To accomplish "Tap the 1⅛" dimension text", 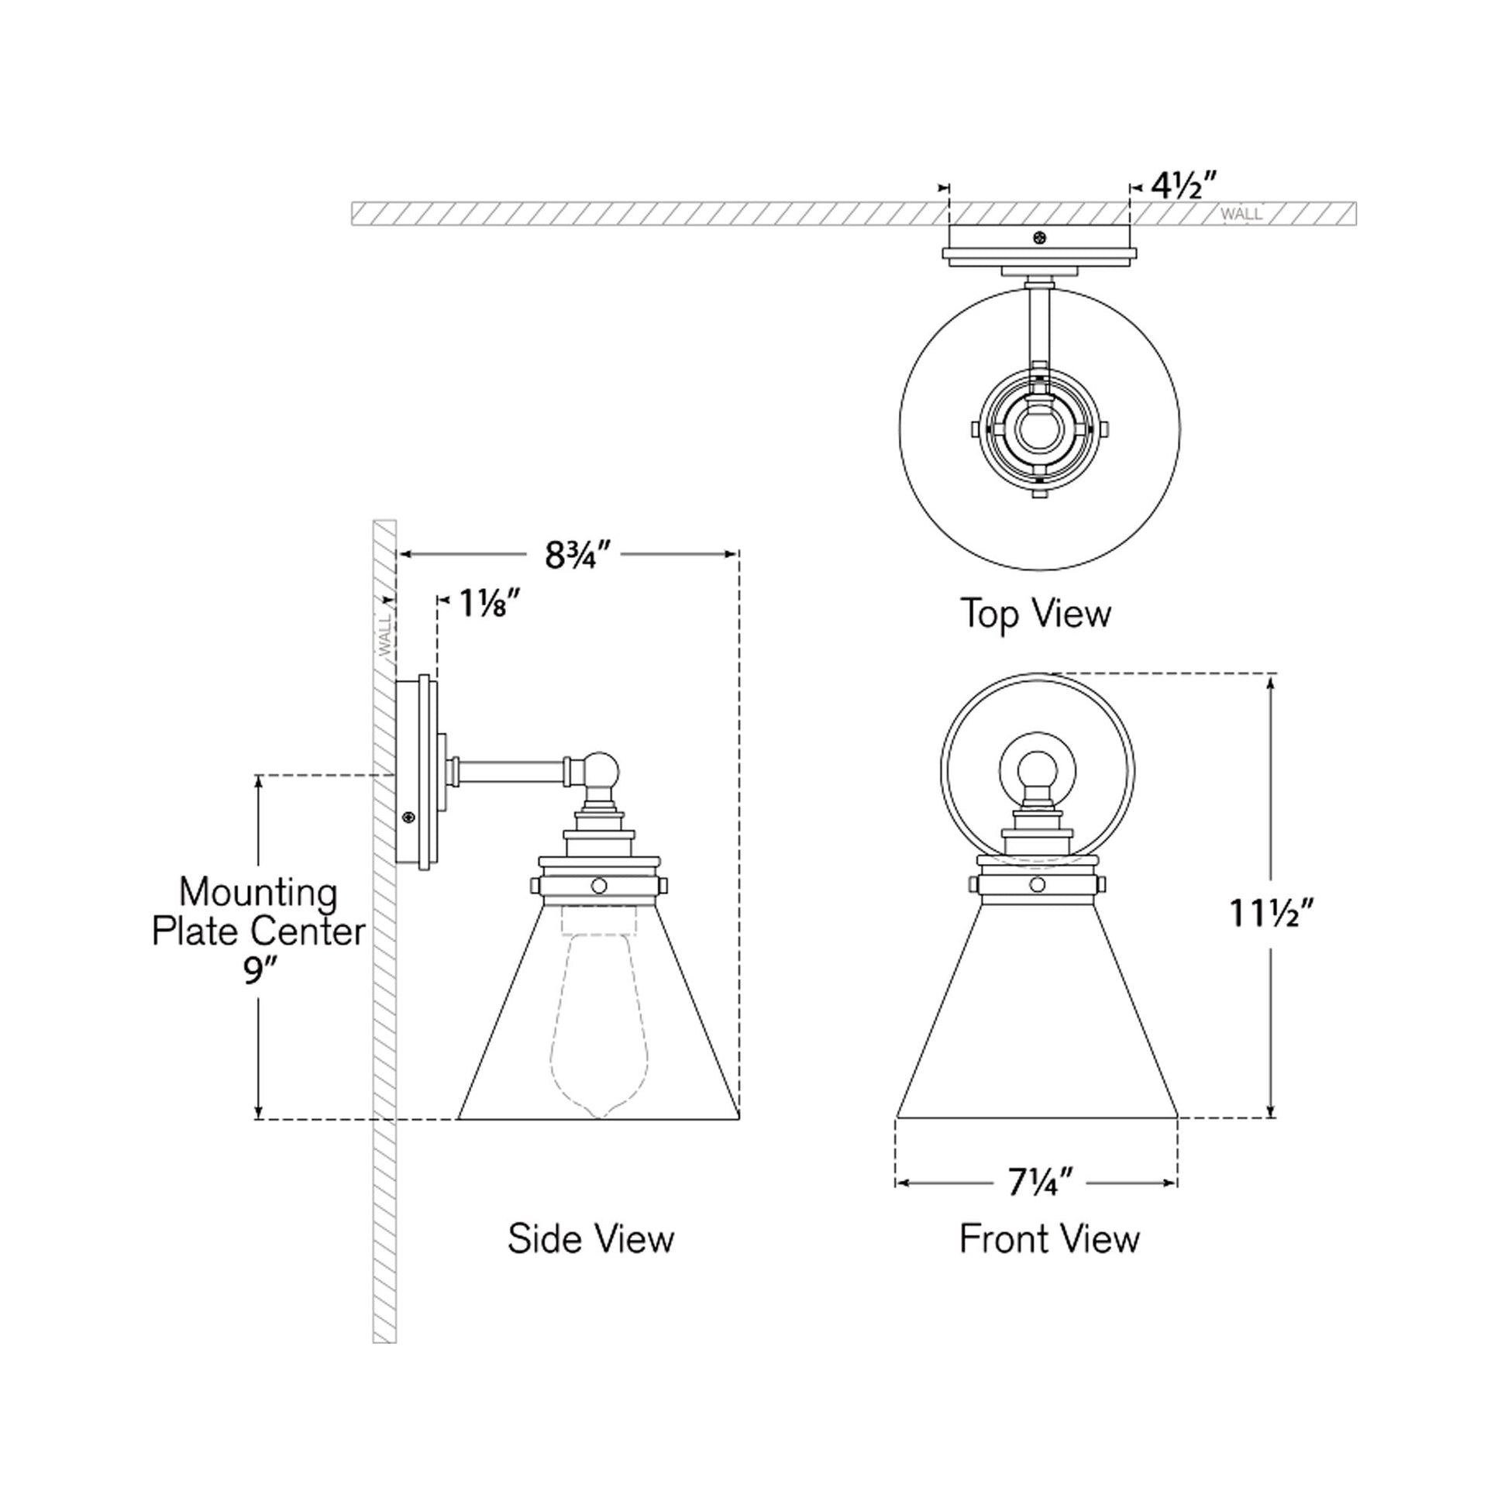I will point(490,604).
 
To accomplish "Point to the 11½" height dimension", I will point(1272,912).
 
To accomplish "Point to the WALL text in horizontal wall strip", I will point(1241,214).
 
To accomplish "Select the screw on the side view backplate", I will point(407,818).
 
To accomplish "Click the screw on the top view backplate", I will point(1039,237).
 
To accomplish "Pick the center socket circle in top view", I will point(1039,430).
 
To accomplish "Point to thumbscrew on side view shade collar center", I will point(599,885).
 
